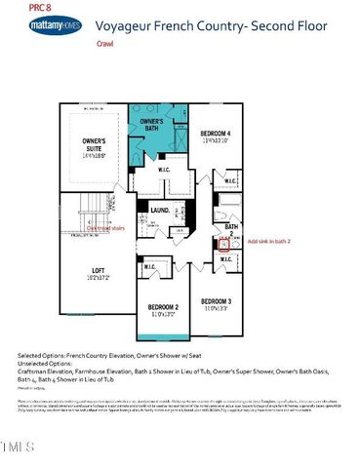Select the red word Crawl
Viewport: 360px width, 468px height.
pyautogui.click(x=105, y=45)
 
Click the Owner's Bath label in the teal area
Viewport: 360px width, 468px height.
pyautogui.click(x=158, y=124)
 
